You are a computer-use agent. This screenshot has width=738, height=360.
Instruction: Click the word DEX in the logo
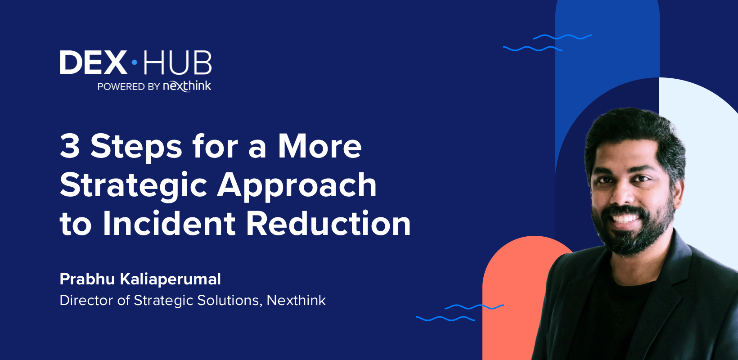(94, 62)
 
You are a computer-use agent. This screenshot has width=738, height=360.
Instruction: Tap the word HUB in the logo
(177, 63)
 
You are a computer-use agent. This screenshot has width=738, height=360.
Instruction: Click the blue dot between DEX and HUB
(134, 63)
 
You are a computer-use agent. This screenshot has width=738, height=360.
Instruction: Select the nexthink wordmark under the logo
(187, 86)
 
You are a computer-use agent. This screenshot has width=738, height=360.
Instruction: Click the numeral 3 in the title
(70, 146)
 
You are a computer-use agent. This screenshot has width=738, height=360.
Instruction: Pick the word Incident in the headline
(169, 224)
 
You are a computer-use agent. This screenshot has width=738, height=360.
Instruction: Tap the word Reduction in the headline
(328, 224)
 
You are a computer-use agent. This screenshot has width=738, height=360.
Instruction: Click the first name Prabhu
(87, 279)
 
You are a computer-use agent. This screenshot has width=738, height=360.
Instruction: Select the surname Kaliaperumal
(171, 279)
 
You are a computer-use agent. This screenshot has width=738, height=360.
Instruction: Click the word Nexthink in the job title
(296, 300)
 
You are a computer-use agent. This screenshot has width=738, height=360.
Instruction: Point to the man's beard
(639, 238)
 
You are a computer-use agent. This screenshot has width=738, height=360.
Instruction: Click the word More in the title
(319, 146)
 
